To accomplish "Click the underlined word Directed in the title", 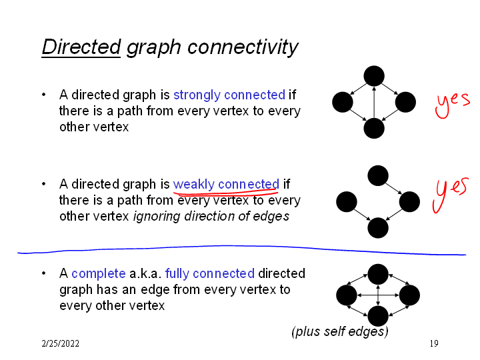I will tap(80, 47).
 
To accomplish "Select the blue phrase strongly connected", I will tap(229, 95).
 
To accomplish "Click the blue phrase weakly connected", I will tap(226, 184).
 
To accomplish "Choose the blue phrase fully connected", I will tap(209, 273).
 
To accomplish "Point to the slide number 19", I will tap(433, 343).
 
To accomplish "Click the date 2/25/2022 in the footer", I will tap(60, 343).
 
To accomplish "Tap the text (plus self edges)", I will tap(340, 331).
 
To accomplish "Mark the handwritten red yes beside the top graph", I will tap(452, 103).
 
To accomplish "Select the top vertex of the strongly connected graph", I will tap(374, 77).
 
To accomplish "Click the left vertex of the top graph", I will tap(342, 102).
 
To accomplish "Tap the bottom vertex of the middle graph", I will tap(378, 228).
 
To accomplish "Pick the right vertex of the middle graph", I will tap(409, 201).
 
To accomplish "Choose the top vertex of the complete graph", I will tap(378, 273).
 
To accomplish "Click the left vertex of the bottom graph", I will tap(347, 295).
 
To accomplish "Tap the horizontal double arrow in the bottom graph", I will tap(378, 295).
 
